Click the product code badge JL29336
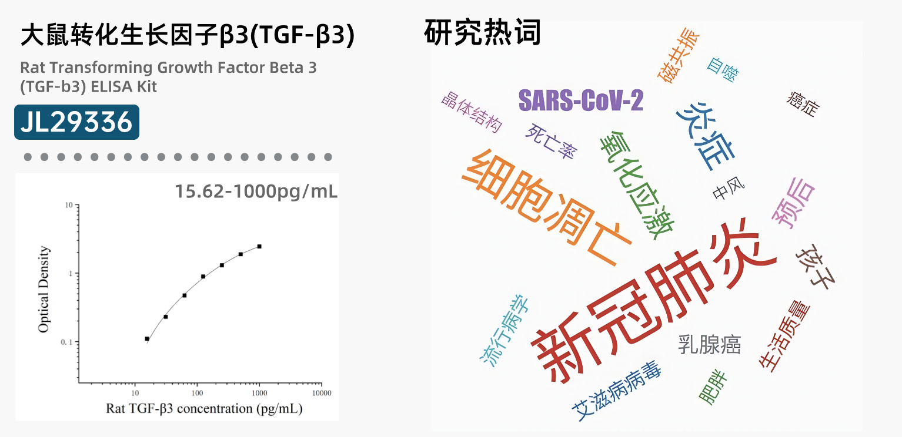pos(76,122)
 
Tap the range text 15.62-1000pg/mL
pos(256,191)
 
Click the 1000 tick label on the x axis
pos(259,393)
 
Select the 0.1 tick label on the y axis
pos(66,342)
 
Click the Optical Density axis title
pos(44,290)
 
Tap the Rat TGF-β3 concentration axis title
pos(204,408)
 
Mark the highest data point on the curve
pos(259,246)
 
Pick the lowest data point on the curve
pos(147,339)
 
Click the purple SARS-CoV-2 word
pos(581,100)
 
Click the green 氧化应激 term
pos(637,186)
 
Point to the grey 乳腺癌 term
pos(710,345)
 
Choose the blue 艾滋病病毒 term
pos(616,391)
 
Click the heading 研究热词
pos(482,32)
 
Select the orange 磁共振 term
pos(679,56)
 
